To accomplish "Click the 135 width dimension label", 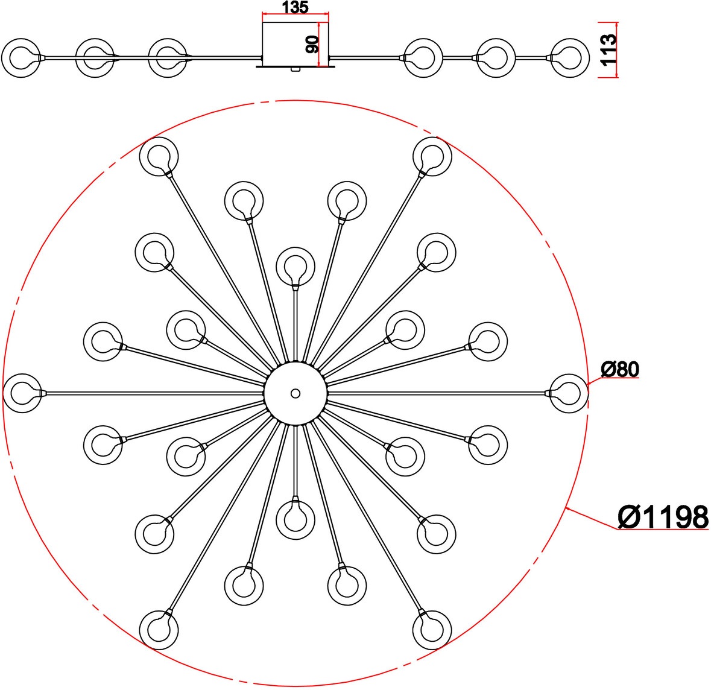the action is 295,7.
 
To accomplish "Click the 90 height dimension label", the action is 312,45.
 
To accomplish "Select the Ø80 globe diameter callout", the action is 620,369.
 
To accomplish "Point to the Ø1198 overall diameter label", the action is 663,517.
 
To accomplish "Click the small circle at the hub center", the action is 295,393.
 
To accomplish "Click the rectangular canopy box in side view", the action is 295,45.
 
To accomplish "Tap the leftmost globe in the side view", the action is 21,58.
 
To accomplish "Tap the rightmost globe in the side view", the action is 569,58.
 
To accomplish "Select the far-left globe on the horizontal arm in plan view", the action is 22,393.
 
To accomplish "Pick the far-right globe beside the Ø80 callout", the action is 569,393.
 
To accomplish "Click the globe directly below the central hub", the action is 295,520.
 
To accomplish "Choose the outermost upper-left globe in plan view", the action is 159,156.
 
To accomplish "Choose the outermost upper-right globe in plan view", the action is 432,156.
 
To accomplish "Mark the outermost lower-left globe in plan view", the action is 159,630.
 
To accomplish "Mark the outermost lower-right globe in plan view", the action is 432,630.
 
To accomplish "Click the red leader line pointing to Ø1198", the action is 592,519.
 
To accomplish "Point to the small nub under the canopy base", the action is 295,69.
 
